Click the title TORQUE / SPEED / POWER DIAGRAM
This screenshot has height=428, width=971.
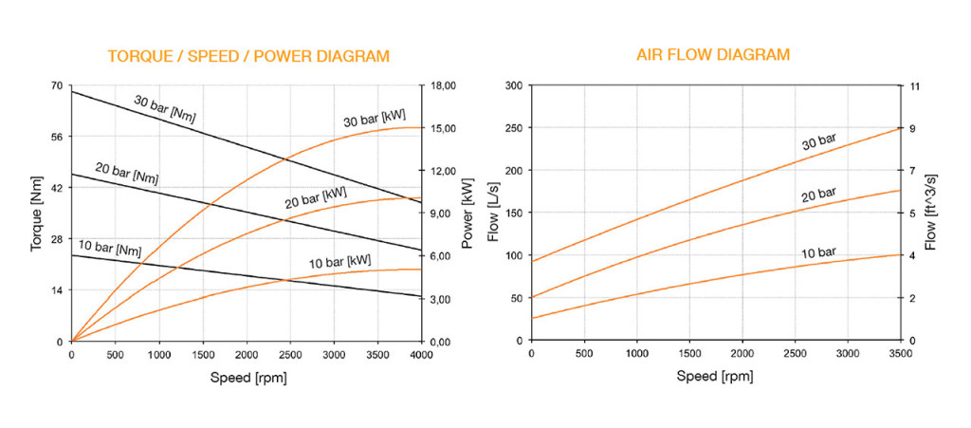[248, 56]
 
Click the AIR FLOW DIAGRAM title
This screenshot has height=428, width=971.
[712, 55]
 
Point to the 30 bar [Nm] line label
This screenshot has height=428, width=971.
[165, 110]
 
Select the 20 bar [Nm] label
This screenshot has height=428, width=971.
[127, 173]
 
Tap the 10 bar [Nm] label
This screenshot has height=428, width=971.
[109, 250]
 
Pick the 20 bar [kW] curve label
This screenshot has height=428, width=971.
[316, 197]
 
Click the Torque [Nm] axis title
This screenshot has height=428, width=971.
[37, 214]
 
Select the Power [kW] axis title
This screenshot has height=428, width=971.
[467, 214]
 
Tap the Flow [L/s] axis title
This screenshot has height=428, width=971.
[493, 214]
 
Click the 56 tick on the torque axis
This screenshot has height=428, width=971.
[55, 137]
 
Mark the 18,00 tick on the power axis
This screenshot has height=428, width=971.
[445, 85]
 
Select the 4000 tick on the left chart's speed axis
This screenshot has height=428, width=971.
[421, 355]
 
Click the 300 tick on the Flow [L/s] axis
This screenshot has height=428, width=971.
[513, 85]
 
